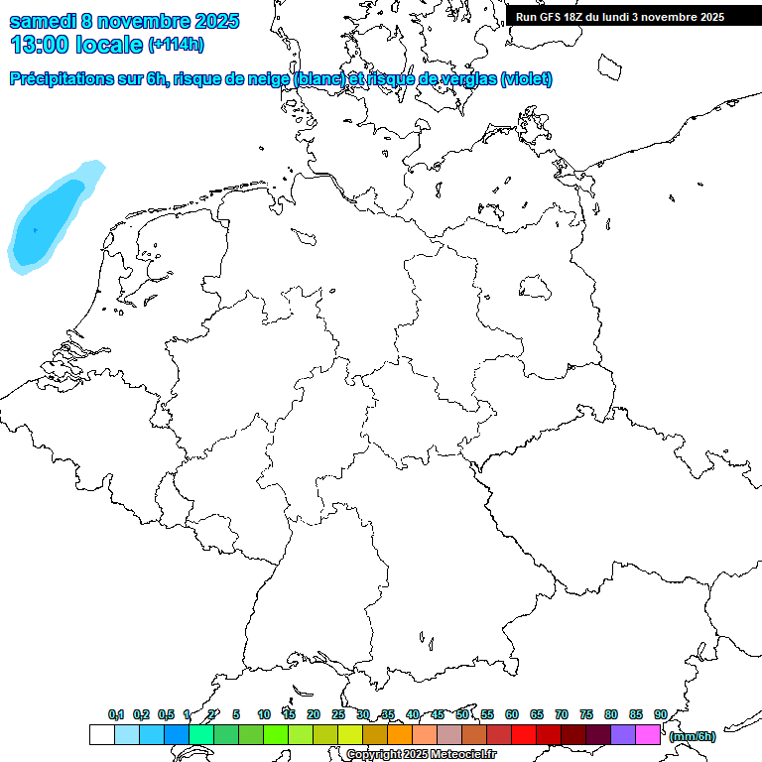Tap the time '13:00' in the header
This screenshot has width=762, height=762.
[x=39, y=44]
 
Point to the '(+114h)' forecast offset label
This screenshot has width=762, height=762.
[x=176, y=45]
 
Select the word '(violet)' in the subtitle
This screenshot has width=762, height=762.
[x=527, y=78]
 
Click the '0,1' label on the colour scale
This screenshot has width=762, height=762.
[x=116, y=714]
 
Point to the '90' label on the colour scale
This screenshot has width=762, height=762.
[x=661, y=714]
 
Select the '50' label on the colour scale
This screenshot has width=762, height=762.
[x=462, y=714]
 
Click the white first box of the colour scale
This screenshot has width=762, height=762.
[x=101, y=734]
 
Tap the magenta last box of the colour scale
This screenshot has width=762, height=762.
[x=648, y=734]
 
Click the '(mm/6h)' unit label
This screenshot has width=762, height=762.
[x=693, y=736]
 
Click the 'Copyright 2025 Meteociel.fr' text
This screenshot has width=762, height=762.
[x=422, y=755]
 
